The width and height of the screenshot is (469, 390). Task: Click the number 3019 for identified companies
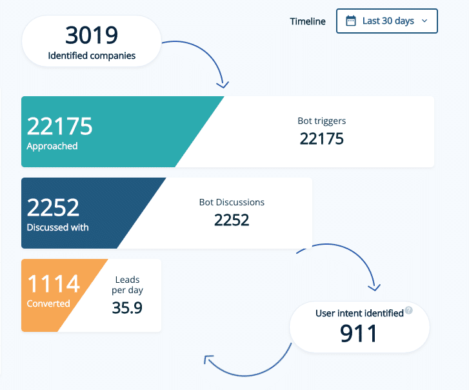[x=92, y=35]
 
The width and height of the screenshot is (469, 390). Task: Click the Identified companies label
[x=92, y=56]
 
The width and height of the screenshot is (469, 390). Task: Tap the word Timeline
[x=308, y=21]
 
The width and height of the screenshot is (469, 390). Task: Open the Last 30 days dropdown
[x=387, y=21]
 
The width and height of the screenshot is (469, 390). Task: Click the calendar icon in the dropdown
[x=351, y=21]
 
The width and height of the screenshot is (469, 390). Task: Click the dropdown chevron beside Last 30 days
[x=424, y=21]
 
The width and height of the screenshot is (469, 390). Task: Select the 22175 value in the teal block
[x=59, y=127]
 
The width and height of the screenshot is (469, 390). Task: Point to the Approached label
[x=52, y=147]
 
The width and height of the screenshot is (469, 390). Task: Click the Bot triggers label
[x=322, y=121]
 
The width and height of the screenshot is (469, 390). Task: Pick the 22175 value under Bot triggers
[x=322, y=138]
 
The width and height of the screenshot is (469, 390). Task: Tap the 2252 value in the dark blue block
[x=53, y=207]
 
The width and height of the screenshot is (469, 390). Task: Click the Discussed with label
[x=57, y=227]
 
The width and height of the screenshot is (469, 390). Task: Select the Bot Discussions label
[x=232, y=202]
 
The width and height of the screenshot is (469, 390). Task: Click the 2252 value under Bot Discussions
[x=232, y=220]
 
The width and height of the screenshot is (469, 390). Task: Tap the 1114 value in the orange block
[x=53, y=284]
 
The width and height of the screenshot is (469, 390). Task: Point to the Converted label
[x=48, y=303]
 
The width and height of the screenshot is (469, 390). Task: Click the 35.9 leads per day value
[x=127, y=307]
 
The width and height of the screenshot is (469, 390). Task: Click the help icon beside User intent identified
[x=409, y=311]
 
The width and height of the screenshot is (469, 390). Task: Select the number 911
[x=359, y=333]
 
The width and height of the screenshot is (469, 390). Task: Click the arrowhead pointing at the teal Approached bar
[x=223, y=84]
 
